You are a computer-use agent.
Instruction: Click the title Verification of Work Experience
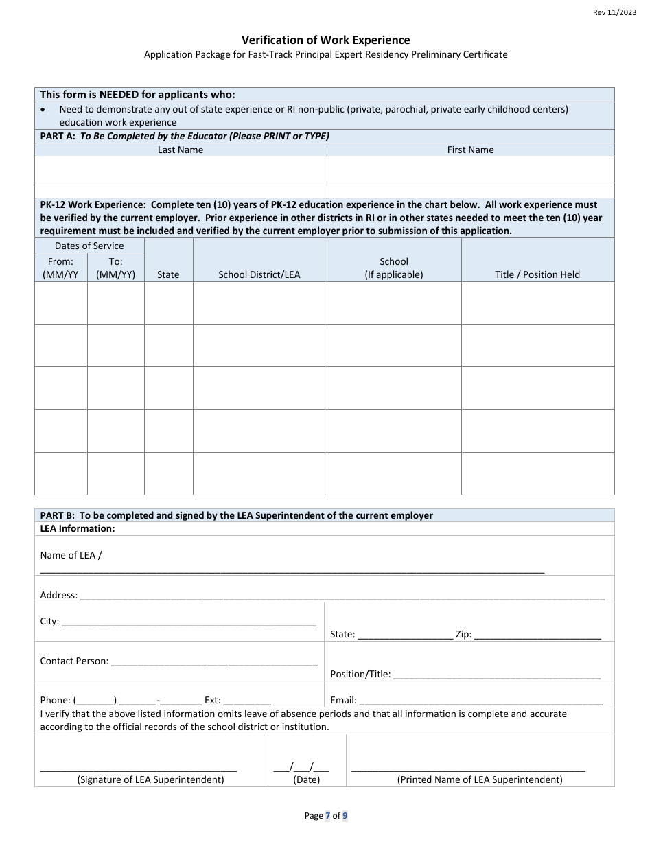325,40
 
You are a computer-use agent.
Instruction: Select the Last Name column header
181,150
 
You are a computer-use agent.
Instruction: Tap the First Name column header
470,150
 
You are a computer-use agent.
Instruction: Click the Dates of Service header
89,246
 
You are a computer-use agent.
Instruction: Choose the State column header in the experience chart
168,274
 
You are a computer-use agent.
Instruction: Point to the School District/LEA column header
259,274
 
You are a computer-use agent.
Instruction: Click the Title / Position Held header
537,274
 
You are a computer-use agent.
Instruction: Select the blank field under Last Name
181,169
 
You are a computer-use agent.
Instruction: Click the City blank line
189,623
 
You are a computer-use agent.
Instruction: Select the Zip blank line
537,636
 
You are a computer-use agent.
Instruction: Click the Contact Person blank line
213,663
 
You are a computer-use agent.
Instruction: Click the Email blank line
480,702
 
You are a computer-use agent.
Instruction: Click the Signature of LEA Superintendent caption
150,779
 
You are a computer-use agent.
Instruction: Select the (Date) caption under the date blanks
306,779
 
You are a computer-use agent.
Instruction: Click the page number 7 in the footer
327,816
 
